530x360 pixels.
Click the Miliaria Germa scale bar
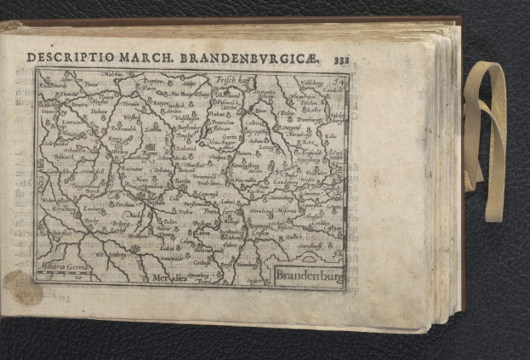[65, 270]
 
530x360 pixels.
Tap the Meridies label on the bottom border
[170, 277]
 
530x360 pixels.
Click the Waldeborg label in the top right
[312, 83]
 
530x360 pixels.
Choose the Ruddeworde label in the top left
[54, 85]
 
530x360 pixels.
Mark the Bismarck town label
[65, 157]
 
